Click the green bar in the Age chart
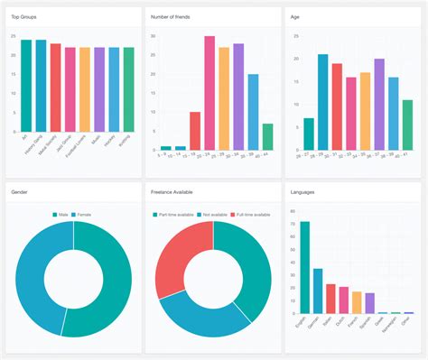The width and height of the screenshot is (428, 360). (407, 125)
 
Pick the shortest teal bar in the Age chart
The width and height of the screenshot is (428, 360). (309, 134)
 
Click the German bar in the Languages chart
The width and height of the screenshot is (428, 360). (318, 291)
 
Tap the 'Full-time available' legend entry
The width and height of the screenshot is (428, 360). (251, 214)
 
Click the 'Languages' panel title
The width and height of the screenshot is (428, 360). (303, 192)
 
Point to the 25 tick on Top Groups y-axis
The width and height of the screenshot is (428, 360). (13, 36)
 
